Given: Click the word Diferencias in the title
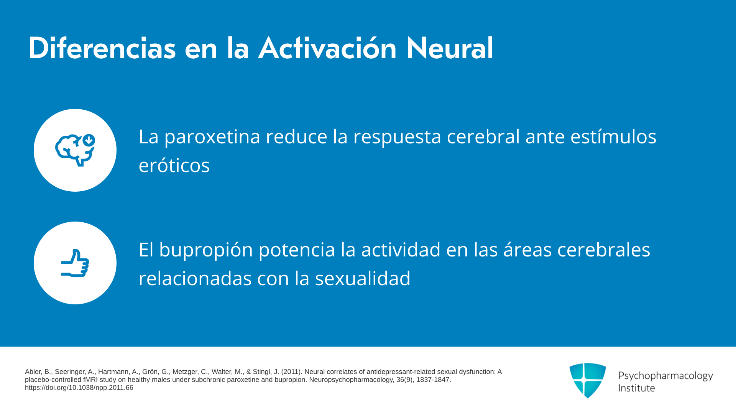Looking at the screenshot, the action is point(102,48).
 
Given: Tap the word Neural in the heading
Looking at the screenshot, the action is point(450,48).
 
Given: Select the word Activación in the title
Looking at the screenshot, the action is point(327,48).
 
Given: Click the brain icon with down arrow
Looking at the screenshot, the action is point(75,150).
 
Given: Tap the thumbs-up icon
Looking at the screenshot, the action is point(75,263).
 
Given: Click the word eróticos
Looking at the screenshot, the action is point(174,165).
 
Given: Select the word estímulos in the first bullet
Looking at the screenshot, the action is point(613,136).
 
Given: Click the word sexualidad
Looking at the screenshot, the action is point(363,278).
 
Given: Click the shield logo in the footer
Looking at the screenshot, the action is point(588,380).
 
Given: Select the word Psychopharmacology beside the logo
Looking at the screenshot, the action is point(665,376).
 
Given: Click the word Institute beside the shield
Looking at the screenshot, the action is point(636,388).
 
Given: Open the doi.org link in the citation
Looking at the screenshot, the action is point(79,388).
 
